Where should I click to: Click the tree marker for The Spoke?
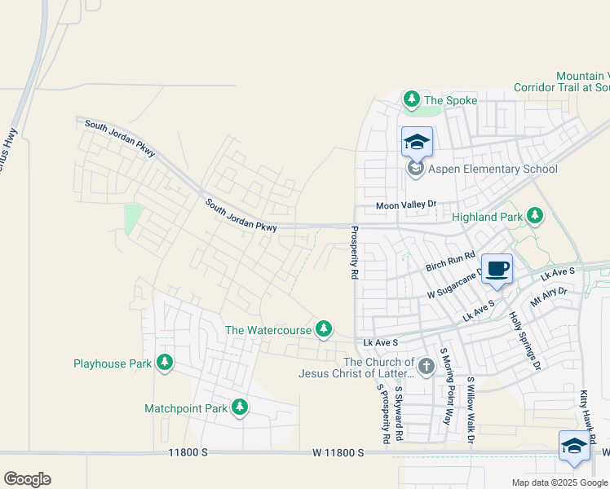(412, 100)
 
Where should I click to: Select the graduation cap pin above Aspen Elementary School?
(417, 142)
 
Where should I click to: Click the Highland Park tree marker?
(535, 215)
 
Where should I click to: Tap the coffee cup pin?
(497, 269)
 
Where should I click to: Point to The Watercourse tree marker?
(325, 329)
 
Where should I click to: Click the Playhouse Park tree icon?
(165, 363)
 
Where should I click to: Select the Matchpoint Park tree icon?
(239, 407)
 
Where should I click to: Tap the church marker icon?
(426, 368)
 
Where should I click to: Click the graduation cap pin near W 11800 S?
(574, 447)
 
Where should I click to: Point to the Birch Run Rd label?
(450, 262)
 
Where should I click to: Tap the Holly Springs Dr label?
(524, 340)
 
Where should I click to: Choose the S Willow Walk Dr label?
(471, 409)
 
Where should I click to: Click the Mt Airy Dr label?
(548, 296)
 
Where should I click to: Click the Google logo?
(27, 478)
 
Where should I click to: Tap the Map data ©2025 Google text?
(559, 482)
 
